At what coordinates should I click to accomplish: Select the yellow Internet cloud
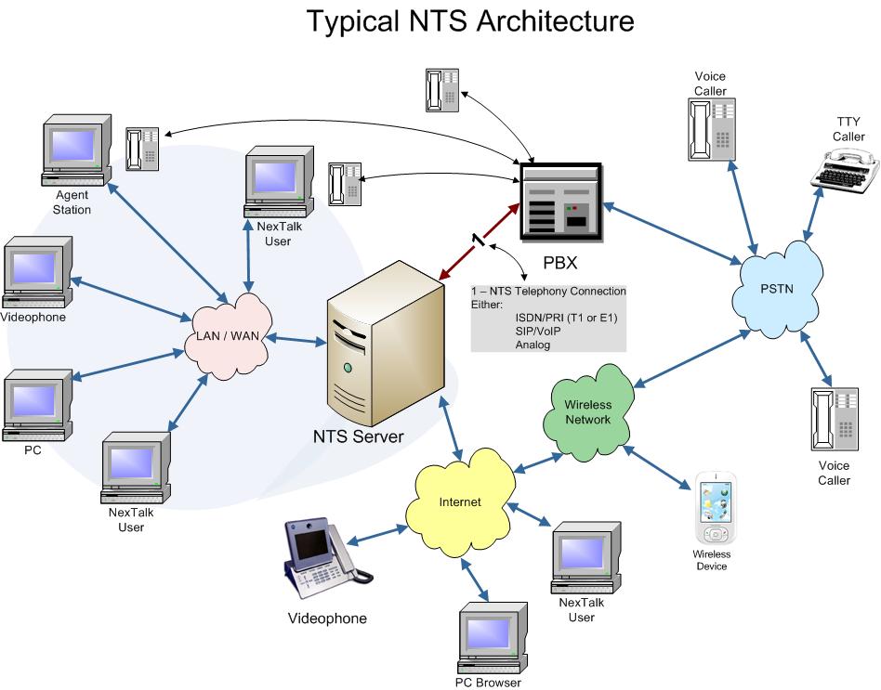pyautogui.click(x=460, y=502)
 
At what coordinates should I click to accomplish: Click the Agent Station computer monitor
pyautogui.click(x=78, y=149)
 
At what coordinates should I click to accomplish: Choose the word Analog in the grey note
pyautogui.click(x=533, y=345)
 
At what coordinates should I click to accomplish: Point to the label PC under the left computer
pyautogui.click(x=33, y=449)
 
